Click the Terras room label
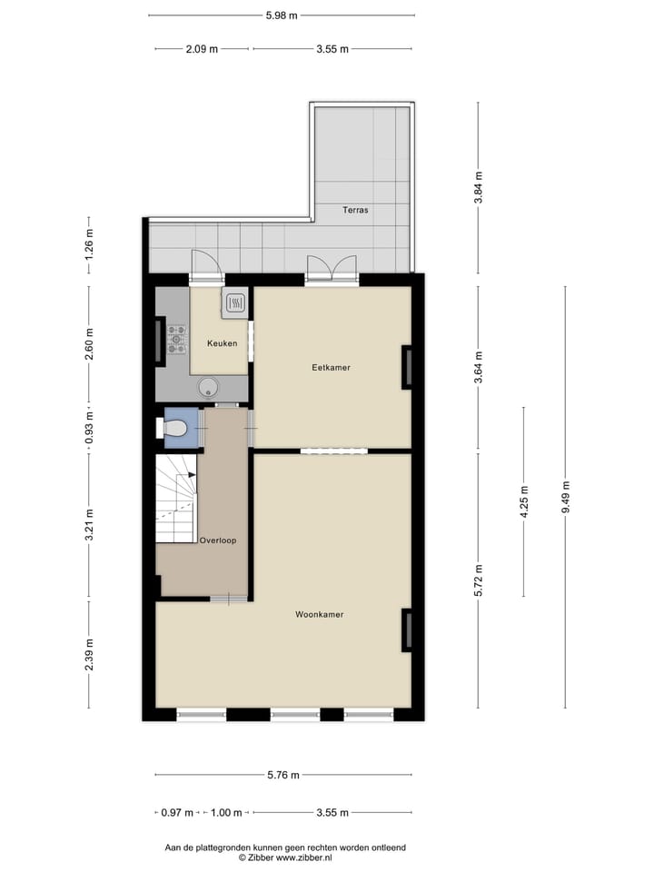coord(355,209)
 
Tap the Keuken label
coord(222,343)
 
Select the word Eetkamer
coord(331,368)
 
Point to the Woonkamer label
coord(319,615)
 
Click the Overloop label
coord(218,540)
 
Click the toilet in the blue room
coord(174,428)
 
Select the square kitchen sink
coord(234,302)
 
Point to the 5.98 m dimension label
coord(282,15)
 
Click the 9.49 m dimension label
coord(565,497)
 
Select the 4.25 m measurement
coord(524,501)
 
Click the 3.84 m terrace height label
coord(479,188)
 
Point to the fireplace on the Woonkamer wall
coord(407,629)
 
